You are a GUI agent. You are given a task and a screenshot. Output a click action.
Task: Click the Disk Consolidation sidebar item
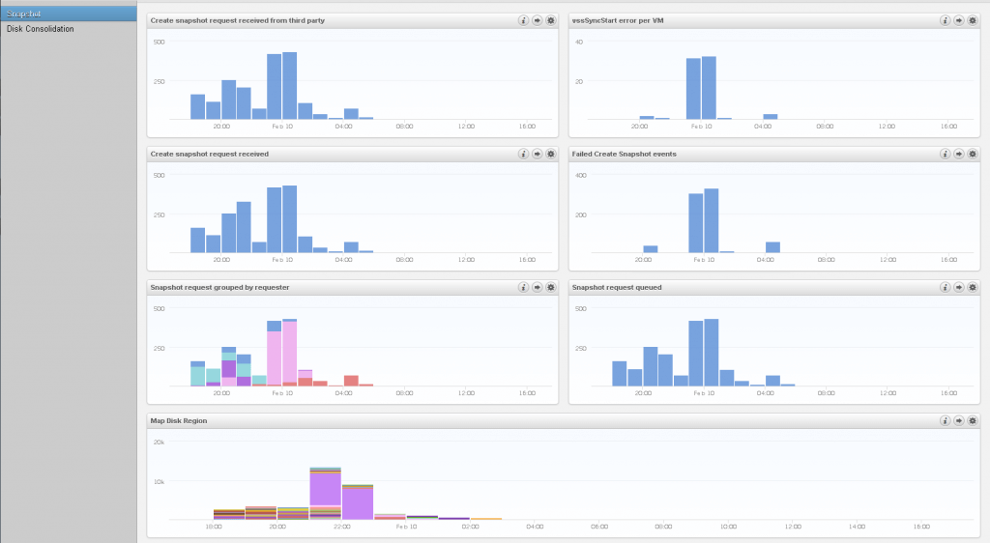point(41,29)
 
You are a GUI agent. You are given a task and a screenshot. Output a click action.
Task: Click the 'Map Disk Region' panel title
point(178,420)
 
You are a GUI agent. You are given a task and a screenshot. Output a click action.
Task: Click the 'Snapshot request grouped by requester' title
point(219,287)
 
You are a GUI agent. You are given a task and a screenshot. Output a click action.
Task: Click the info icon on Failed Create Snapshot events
point(945,154)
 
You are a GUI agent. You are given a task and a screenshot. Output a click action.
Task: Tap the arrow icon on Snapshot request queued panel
point(959,287)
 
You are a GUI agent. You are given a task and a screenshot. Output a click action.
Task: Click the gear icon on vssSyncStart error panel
point(973,19)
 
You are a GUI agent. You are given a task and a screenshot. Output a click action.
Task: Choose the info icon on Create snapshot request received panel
point(523,154)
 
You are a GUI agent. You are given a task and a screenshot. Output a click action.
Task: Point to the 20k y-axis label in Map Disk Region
point(160,442)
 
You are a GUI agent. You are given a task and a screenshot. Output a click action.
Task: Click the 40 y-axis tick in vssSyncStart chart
point(579,42)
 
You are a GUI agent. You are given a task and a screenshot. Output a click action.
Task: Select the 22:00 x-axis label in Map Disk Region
point(341,527)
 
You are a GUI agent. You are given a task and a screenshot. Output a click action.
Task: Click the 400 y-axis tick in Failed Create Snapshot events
point(581,175)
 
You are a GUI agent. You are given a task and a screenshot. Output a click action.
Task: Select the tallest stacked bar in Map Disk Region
point(326,493)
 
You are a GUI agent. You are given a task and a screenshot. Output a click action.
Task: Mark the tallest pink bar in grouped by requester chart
point(289,354)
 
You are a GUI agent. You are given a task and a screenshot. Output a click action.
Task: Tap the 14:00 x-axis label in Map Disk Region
point(857,527)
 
